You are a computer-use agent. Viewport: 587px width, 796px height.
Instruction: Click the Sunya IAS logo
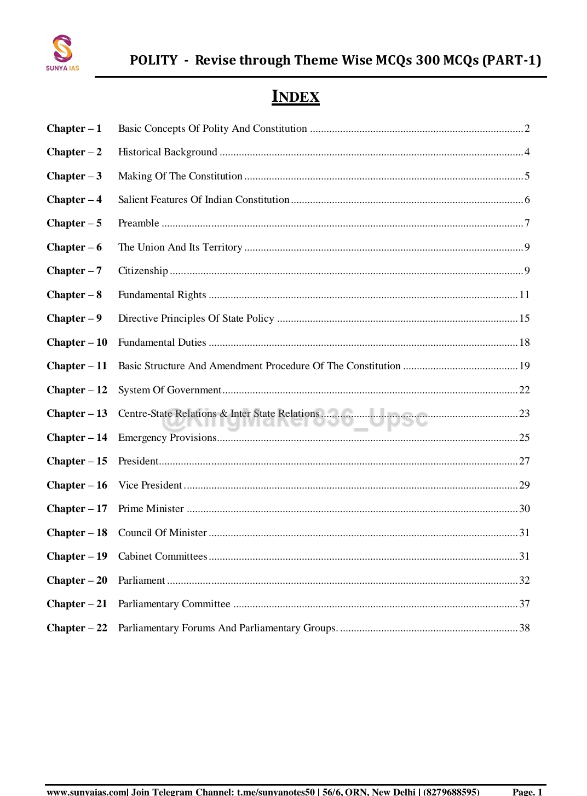click(x=62, y=53)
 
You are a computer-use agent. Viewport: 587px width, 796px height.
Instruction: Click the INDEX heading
click(x=295, y=97)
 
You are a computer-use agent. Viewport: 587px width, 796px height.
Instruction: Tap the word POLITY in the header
click(x=154, y=60)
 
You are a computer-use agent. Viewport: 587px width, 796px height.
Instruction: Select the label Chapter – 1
click(x=74, y=129)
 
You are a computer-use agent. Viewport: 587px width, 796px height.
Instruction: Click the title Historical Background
click(x=168, y=152)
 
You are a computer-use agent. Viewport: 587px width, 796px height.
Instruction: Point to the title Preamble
click(x=139, y=223)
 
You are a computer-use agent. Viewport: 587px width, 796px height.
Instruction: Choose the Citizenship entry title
click(x=143, y=271)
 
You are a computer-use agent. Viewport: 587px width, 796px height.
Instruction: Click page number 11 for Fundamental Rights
click(x=524, y=295)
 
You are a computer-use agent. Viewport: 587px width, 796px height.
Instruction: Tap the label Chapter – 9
click(x=74, y=318)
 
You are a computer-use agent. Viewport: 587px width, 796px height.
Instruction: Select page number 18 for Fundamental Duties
click(x=524, y=342)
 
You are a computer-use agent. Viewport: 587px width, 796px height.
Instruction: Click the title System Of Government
click(x=170, y=390)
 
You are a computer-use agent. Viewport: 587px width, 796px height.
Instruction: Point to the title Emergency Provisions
click(x=167, y=438)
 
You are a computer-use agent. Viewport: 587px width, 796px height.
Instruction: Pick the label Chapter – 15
click(x=77, y=461)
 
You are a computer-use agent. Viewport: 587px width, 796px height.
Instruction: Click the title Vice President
click(x=150, y=485)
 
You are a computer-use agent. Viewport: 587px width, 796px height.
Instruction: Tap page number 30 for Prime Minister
click(x=524, y=509)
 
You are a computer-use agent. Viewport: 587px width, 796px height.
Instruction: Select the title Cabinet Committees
click(x=163, y=556)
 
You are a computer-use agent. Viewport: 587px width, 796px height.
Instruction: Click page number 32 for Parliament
click(x=524, y=580)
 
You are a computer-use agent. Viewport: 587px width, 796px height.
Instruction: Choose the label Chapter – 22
click(x=77, y=628)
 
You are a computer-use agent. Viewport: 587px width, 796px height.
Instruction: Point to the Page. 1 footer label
click(x=527, y=791)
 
